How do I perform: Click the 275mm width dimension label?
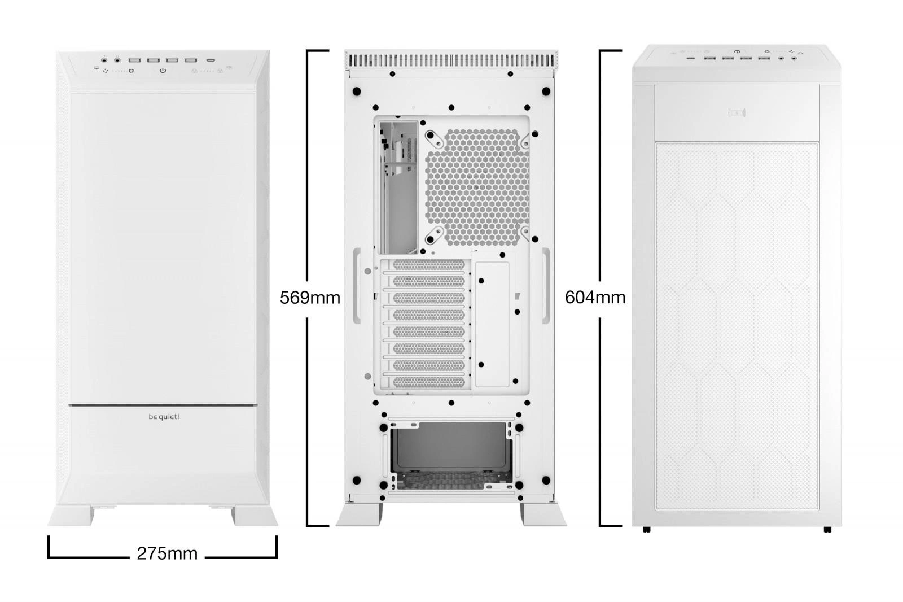pos(167,553)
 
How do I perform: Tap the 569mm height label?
pos(310,298)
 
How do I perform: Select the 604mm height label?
pos(595,298)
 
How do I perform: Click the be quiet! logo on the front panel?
pos(164,417)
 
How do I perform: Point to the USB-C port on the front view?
pos(211,60)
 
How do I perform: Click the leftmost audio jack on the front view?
pos(104,60)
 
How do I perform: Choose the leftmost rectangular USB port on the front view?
pos(135,60)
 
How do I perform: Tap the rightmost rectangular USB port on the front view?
pos(191,60)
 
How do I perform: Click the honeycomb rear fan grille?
pos(477,187)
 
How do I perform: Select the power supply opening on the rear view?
pos(450,456)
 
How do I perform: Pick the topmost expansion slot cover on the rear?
pos(428,265)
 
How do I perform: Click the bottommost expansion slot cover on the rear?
pos(428,382)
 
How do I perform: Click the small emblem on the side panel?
pos(737,112)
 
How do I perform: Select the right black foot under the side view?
pos(827,529)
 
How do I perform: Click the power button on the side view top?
pos(737,51)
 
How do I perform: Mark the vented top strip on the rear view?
pos(451,60)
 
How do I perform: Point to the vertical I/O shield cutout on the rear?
pos(398,187)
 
